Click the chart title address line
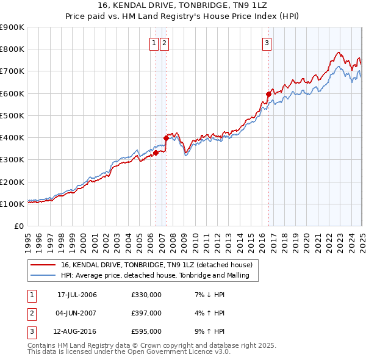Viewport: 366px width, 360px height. [182, 6]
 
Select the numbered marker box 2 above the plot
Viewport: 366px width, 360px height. [165, 43]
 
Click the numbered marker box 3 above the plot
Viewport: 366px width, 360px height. [267, 43]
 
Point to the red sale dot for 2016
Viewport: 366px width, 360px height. [268, 94]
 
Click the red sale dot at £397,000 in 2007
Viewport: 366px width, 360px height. [166, 138]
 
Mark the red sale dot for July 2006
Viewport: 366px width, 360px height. [156, 153]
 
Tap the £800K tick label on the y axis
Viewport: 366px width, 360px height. [12, 49]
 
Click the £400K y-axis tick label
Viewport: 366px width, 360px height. [12, 138]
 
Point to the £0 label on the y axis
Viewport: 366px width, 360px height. [18, 226]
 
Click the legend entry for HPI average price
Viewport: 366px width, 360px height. [159, 276]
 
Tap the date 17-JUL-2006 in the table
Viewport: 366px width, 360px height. [77, 295]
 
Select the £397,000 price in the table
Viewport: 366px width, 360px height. [146, 313]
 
